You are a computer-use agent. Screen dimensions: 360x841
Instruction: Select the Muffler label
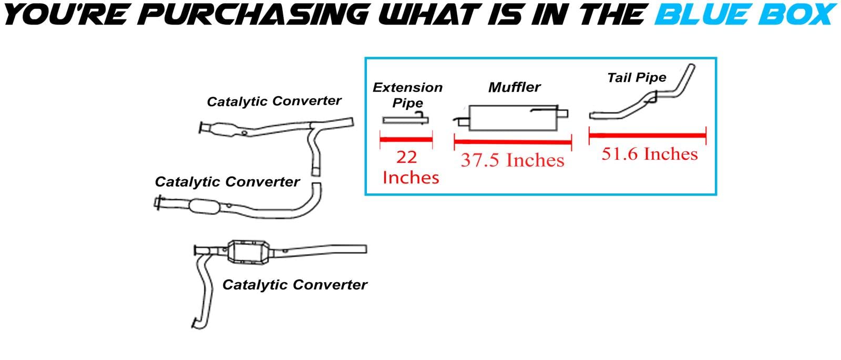[514, 87]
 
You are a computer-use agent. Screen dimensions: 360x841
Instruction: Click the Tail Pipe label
[637, 78]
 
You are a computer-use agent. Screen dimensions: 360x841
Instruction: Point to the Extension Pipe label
[407, 95]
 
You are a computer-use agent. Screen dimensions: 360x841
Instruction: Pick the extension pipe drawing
[405, 120]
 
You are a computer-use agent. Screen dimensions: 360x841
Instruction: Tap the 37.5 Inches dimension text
[512, 160]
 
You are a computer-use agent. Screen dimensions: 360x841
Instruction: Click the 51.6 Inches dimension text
[650, 154]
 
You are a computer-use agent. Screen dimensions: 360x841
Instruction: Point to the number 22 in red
[406, 157]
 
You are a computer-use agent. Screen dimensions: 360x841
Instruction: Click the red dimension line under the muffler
[512, 142]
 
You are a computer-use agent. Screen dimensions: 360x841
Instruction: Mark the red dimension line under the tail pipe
[647, 136]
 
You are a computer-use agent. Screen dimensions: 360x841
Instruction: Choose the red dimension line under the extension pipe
[406, 139]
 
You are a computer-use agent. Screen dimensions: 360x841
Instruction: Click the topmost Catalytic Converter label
[274, 101]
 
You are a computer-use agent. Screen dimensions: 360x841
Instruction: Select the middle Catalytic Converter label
[227, 182]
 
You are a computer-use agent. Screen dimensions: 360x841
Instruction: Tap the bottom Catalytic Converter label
[294, 285]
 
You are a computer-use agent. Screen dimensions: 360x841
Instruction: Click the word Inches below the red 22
[411, 178]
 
